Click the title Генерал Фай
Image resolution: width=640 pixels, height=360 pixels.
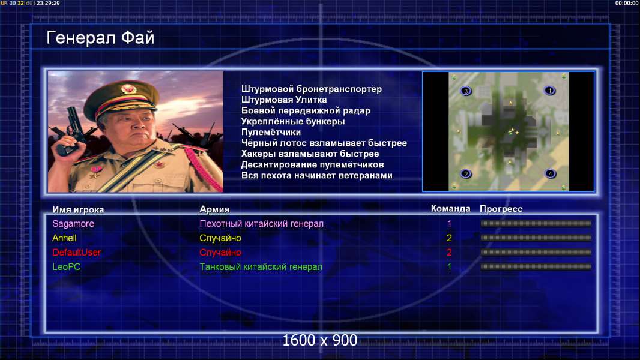[100, 38]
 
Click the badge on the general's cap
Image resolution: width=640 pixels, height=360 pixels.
[128, 89]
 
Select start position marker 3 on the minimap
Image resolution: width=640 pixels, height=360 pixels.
[466, 91]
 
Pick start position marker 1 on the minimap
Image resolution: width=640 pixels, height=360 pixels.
[549, 91]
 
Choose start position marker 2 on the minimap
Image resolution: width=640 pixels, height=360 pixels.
[466, 174]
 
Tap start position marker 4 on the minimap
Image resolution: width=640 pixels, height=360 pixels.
[550, 173]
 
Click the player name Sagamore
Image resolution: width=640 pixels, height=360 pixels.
[73, 224]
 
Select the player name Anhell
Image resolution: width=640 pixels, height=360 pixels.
[64, 238]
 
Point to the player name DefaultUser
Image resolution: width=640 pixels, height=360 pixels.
[77, 253]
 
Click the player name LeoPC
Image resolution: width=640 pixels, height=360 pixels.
[67, 267]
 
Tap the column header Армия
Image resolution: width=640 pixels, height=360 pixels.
[215, 209]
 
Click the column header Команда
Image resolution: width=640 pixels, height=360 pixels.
[451, 209]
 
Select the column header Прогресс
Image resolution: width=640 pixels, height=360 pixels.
[501, 209]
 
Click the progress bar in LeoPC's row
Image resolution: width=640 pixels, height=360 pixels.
[536, 267]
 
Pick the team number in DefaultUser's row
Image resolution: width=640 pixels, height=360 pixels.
[449, 253]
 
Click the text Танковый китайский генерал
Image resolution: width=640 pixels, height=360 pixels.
[261, 267]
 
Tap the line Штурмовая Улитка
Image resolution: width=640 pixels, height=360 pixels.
[284, 100]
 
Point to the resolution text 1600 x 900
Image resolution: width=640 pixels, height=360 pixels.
[320, 340]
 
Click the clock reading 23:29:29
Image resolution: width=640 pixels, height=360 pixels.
[48, 3]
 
